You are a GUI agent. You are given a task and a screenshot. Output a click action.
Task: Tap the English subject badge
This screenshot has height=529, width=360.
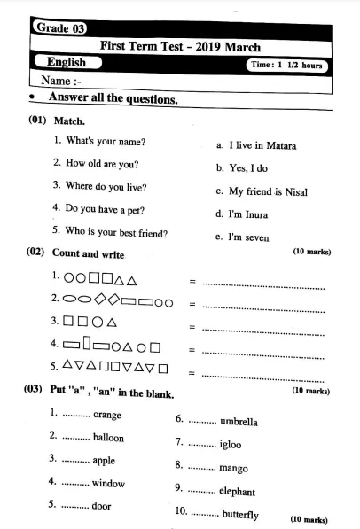67,62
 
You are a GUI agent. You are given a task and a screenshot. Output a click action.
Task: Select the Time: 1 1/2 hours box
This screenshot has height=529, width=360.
288,66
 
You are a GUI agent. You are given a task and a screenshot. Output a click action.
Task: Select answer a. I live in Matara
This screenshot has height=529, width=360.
255,145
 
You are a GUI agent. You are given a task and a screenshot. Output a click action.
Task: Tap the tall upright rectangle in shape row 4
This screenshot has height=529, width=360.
88,343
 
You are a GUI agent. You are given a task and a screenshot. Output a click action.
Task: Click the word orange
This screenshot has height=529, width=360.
107,415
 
